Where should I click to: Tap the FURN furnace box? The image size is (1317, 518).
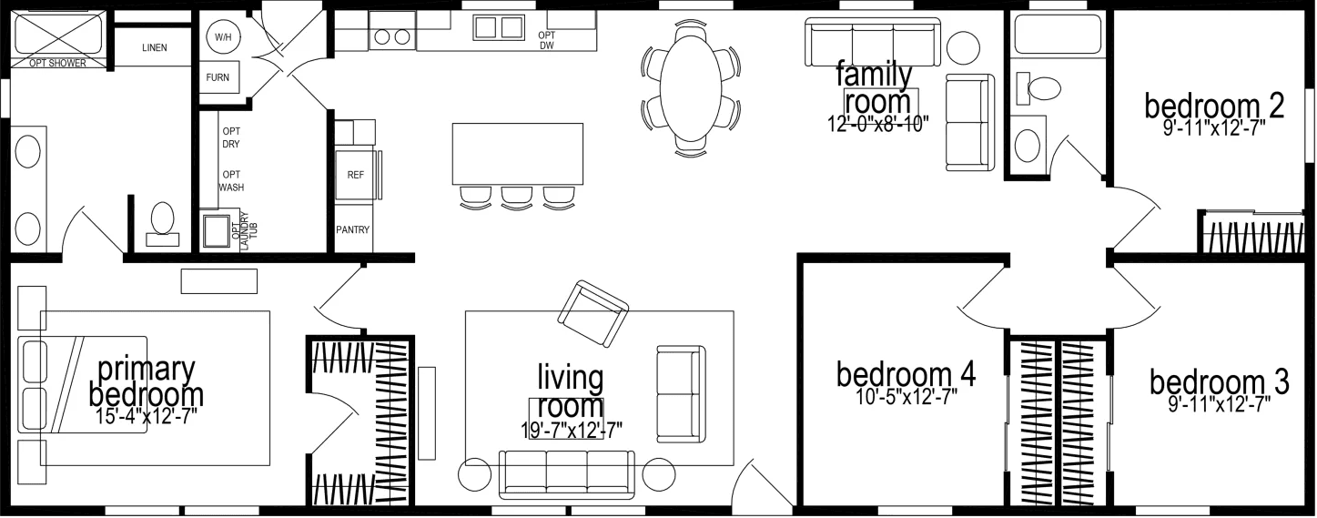(218, 77)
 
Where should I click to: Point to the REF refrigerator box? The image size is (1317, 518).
(355, 172)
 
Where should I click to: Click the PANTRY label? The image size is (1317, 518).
(353, 230)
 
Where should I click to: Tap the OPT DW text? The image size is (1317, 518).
(547, 40)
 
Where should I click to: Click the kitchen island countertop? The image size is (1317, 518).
(517, 153)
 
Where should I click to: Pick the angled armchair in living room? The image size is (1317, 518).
(593, 313)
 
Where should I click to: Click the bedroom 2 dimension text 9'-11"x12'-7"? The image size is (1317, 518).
(1213, 128)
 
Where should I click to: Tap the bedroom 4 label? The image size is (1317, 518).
(906, 373)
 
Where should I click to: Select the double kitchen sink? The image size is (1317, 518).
(497, 27)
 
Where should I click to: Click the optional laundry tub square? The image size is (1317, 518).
(217, 230)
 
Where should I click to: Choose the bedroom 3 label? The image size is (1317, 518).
(1219, 382)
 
